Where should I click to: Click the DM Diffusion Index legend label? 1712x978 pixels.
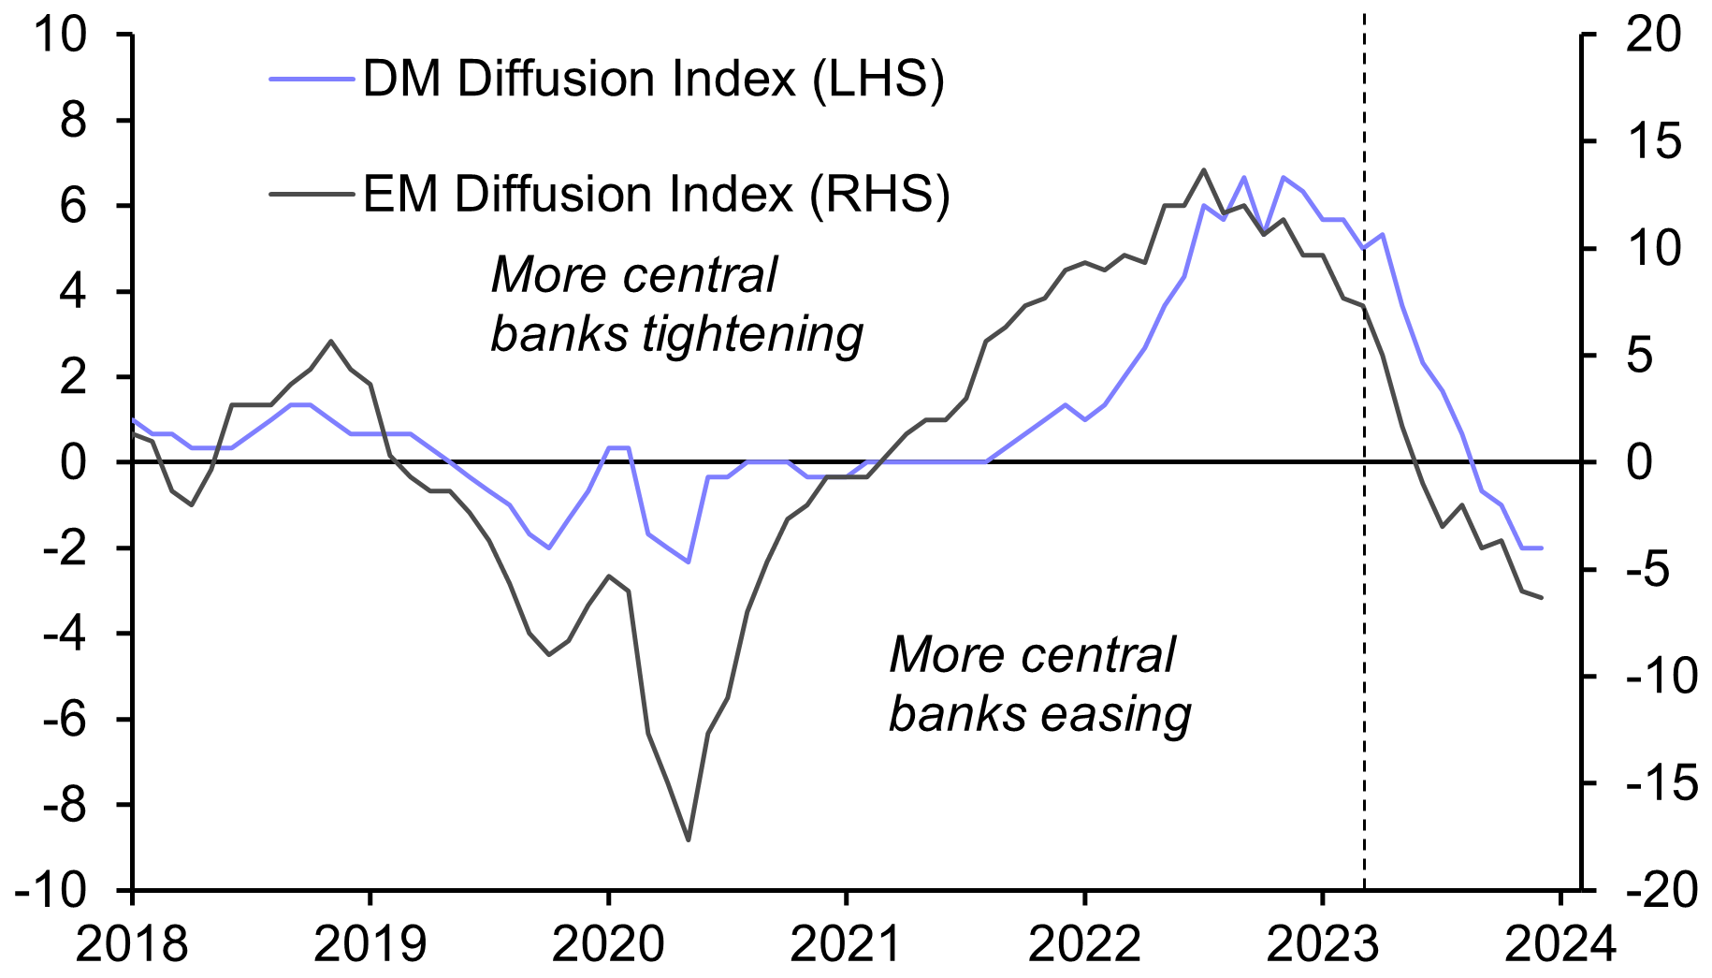tap(653, 79)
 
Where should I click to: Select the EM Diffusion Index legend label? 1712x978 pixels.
tap(656, 195)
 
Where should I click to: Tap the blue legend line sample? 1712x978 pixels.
tap(312, 79)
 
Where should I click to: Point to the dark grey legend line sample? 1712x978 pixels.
tap(312, 195)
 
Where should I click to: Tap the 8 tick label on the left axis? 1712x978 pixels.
tap(73, 121)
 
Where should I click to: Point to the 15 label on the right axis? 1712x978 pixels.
tap(1653, 142)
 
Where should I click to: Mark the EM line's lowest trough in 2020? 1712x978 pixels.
tap(689, 839)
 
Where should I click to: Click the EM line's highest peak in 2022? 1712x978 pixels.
tap(1204, 170)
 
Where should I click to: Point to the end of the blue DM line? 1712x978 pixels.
tap(1541, 548)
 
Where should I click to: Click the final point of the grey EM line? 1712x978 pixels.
tap(1541, 597)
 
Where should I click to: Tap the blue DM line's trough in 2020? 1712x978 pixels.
tap(689, 562)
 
